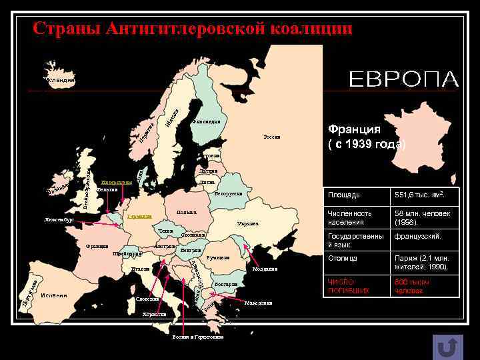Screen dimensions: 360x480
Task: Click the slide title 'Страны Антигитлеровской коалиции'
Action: click(192, 29)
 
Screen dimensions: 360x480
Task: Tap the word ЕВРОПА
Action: click(404, 80)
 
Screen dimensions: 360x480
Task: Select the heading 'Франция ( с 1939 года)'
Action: click(366, 137)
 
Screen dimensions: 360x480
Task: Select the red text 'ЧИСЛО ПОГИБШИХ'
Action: click(348, 287)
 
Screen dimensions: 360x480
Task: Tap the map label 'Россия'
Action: click(272, 137)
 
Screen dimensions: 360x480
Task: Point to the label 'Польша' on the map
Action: click(186, 213)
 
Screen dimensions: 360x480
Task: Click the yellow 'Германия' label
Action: click(140, 217)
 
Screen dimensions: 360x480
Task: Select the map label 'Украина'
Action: click(248, 224)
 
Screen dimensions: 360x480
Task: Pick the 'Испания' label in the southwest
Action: click(53, 295)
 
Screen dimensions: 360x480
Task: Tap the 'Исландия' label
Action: click(61, 80)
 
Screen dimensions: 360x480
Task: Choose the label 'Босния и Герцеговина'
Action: click(197, 337)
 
